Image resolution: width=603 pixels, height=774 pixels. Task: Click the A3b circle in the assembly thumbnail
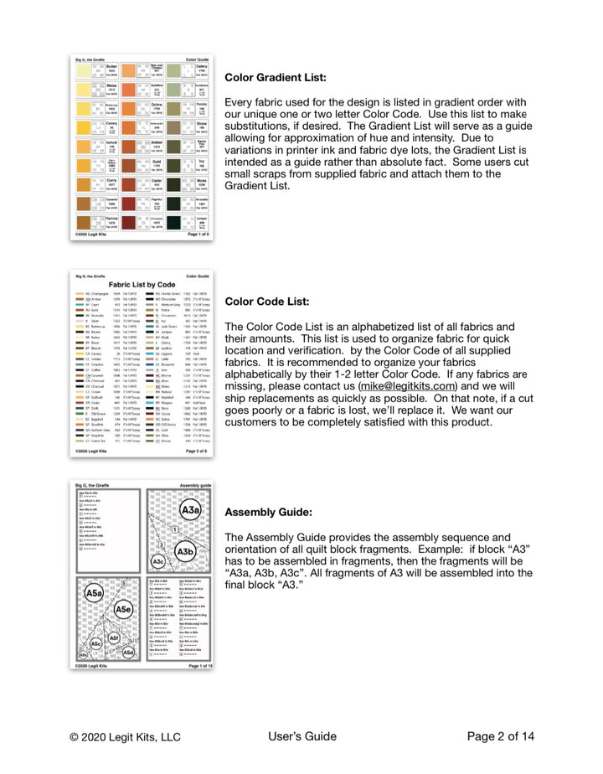point(185,551)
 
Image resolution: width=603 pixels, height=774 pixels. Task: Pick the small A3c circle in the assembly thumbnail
point(157,560)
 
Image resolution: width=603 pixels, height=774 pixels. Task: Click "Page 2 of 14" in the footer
point(500,737)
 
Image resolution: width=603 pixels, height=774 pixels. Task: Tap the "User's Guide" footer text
point(302,737)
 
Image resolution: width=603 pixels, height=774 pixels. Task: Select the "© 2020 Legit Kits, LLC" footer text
point(125,737)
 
